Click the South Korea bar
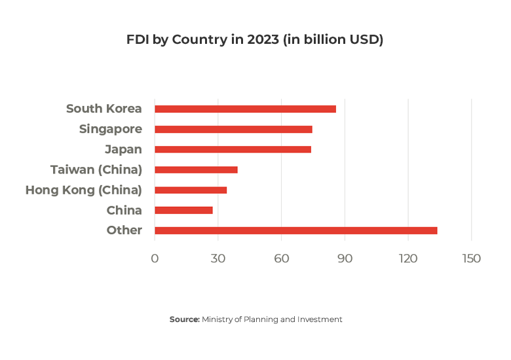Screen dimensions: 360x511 click(245, 109)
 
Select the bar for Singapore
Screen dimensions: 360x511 click(233, 129)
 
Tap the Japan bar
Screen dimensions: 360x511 click(233, 149)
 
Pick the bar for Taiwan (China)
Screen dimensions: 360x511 click(196, 170)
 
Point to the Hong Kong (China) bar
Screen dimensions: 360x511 click(191, 190)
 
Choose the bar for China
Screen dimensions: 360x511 click(183, 210)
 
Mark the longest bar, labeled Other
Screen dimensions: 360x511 click(295, 230)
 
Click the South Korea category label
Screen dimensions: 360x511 click(104, 109)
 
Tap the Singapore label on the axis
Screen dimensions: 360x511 click(111, 129)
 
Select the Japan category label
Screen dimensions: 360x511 click(123, 149)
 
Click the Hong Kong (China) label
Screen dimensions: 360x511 click(84, 190)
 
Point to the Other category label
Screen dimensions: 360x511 click(124, 230)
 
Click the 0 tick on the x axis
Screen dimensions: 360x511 click(155, 259)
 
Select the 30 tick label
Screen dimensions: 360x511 click(218, 259)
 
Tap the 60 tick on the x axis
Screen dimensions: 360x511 click(282, 259)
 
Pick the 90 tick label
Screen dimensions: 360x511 click(345, 259)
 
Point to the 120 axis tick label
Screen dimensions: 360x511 click(408, 259)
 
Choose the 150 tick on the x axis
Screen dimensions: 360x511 click(471, 259)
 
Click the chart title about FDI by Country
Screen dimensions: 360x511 click(255, 40)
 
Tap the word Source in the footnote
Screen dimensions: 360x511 click(184, 319)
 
